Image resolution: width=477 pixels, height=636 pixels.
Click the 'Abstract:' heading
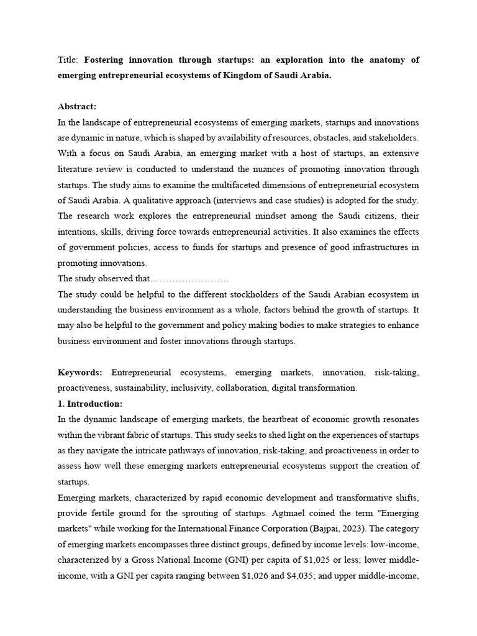pyautogui.click(x=77, y=106)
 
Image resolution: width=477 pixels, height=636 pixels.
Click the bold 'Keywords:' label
pyautogui.click(x=80, y=372)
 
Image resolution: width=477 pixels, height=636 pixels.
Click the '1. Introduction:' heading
pyautogui.click(x=90, y=404)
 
